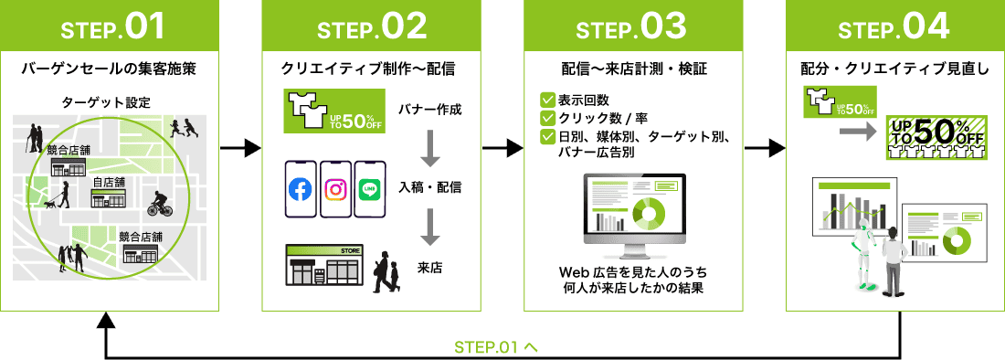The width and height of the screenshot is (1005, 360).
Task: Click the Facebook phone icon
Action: point(301,189)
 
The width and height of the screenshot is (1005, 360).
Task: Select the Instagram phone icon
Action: point(336,189)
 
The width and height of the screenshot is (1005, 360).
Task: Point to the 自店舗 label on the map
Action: point(109,183)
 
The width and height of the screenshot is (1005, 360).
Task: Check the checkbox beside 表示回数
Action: point(547,100)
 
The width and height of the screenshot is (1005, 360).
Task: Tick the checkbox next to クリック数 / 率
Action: point(547,118)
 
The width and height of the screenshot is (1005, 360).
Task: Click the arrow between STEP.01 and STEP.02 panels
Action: point(241,147)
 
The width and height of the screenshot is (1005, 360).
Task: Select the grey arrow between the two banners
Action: point(855,132)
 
